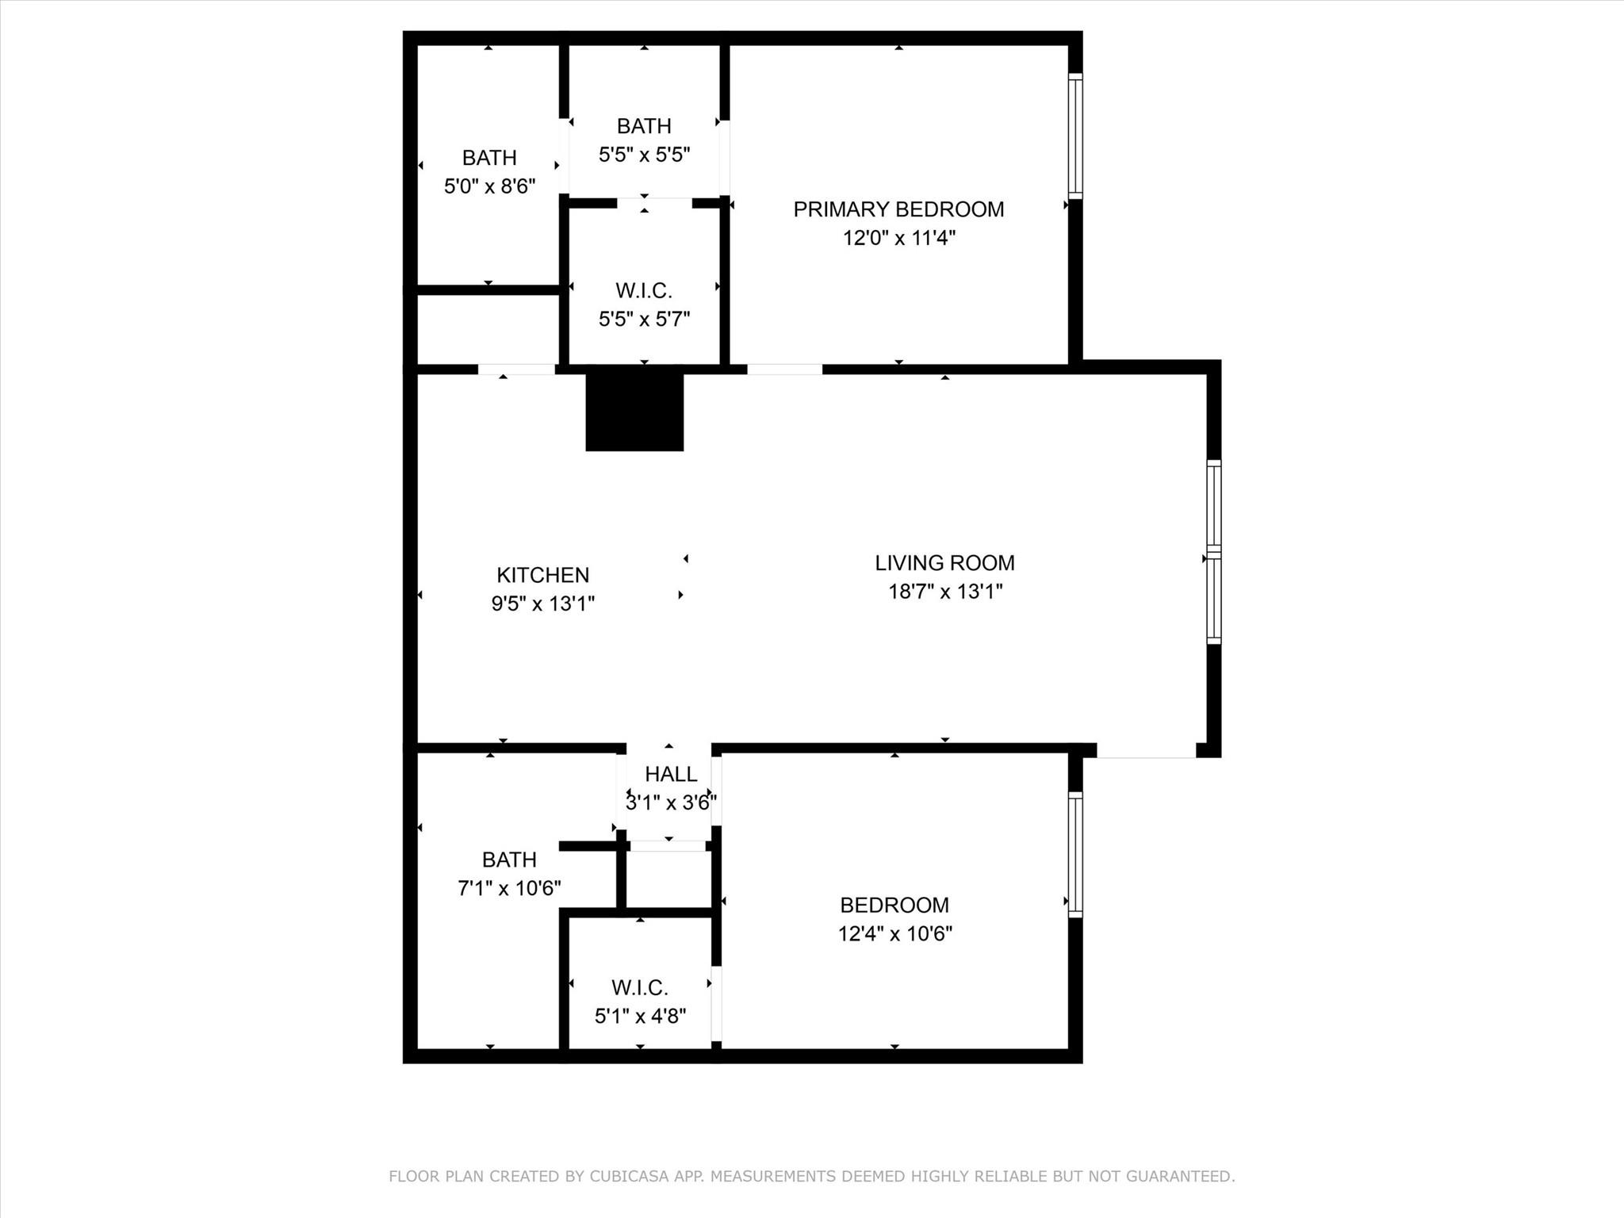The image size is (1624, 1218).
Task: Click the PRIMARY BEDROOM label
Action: pos(898,209)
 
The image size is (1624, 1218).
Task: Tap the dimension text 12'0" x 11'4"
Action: pos(898,238)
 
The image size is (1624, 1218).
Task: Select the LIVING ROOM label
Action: pos(944,563)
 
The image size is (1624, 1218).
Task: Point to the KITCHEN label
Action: pos(542,575)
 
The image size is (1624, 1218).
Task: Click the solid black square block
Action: pos(634,412)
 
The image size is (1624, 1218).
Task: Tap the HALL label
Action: pos(671,774)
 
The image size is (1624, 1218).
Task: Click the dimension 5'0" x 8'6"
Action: pos(489,186)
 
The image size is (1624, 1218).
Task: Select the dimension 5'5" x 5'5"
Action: pos(644,155)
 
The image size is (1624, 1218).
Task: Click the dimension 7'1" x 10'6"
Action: pos(509,888)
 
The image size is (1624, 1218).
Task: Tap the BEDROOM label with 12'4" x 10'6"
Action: pos(894,905)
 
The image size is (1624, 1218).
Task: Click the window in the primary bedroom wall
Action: pos(1075,136)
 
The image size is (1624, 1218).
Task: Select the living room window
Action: pos(1214,551)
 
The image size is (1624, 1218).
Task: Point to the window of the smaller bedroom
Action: pos(1075,854)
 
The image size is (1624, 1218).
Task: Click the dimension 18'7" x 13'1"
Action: pos(945,592)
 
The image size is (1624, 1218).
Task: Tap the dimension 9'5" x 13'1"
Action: pos(542,603)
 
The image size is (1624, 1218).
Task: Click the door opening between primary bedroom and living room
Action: pos(784,370)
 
